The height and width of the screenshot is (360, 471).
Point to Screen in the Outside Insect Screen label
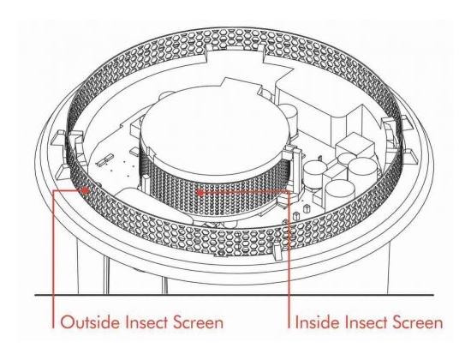click(199, 322)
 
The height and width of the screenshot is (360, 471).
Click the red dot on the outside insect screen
click(86, 190)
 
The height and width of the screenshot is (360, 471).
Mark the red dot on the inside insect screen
click(200, 192)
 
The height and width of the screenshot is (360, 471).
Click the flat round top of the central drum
click(214, 130)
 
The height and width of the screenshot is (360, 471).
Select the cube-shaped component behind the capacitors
click(355, 147)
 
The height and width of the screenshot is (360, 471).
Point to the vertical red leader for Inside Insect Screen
click(289, 259)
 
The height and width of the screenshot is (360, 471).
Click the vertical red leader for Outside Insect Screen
click(53, 259)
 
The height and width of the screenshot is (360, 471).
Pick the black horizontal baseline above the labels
click(235, 295)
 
